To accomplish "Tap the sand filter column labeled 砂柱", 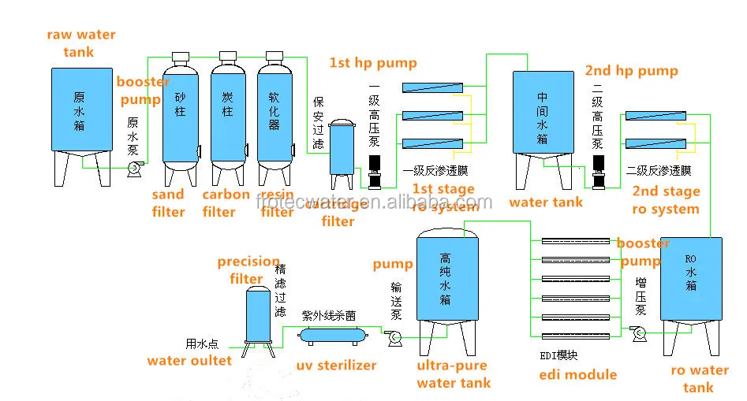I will (180, 110).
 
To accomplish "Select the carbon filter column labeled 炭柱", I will (227, 110).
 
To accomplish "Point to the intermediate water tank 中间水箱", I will (542, 114).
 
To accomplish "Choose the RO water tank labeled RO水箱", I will (690, 276).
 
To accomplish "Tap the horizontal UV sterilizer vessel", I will (332, 335).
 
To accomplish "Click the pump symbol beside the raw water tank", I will (134, 168).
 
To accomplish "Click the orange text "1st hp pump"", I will (373, 63).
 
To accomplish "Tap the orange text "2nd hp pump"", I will (631, 70).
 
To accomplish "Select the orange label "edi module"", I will (577, 375).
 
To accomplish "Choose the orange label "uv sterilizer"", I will (336, 366).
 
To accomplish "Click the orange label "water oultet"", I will (189, 361).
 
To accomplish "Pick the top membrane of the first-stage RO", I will (431, 87).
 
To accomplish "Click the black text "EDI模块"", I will (558, 355).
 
